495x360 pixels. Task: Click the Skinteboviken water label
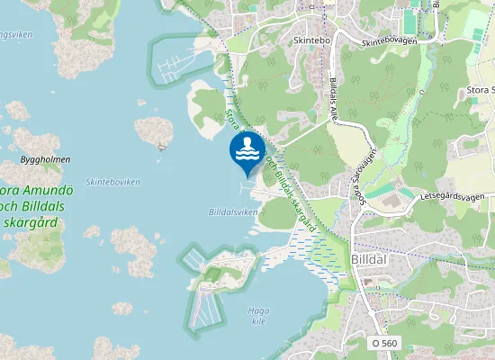tap(112, 182)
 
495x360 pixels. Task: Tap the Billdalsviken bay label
tap(232, 212)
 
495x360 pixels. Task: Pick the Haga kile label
tap(258, 316)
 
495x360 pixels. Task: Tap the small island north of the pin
tap(154, 130)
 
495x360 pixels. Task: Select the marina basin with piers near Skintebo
tap(180, 61)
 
